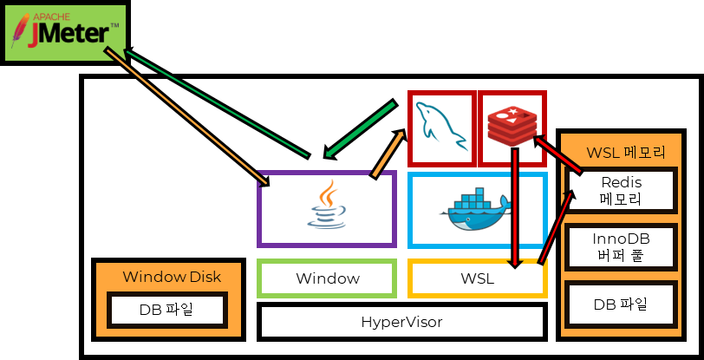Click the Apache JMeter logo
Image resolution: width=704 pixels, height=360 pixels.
(x=65, y=33)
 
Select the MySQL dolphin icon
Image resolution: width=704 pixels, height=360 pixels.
(x=441, y=128)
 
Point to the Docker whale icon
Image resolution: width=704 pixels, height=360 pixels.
(x=477, y=211)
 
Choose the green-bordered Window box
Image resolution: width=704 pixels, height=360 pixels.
(x=327, y=278)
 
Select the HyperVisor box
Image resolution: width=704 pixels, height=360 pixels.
(x=401, y=322)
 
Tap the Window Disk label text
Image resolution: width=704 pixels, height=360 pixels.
(x=172, y=277)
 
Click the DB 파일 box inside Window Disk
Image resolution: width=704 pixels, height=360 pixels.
(x=168, y=310)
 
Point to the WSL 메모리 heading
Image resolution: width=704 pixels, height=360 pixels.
(x=626, y=154)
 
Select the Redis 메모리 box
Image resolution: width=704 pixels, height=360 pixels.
(x=619, y=191)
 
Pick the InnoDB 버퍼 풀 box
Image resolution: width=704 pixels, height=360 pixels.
(x=621, y=247)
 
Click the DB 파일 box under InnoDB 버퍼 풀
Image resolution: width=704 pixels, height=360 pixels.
(x=621, y=305)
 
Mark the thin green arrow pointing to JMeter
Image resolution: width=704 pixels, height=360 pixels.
(x=217, y=105)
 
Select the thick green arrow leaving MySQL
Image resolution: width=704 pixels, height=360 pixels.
(x=360, y=130)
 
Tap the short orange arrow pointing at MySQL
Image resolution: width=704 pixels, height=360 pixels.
(x=388, y=154)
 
